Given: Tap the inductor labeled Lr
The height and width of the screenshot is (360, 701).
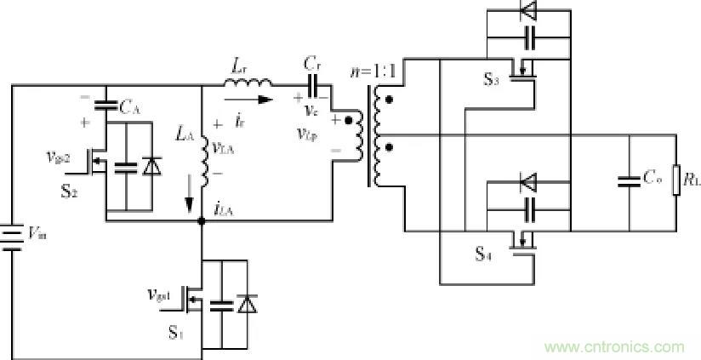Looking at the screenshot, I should click(249, 83).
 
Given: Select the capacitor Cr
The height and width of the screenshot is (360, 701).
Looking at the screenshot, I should click(312, 84).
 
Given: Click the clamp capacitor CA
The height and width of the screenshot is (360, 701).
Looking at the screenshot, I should click(106, 106).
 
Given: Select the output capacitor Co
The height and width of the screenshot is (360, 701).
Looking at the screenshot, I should click(629, 180).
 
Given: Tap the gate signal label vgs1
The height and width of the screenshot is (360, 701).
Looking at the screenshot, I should click(160, 295).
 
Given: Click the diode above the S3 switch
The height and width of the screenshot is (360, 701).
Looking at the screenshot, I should click(527, 10).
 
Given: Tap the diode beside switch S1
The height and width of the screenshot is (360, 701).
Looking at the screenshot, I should click(247, 304).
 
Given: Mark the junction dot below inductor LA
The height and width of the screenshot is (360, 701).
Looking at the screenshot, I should click(202, 220).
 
